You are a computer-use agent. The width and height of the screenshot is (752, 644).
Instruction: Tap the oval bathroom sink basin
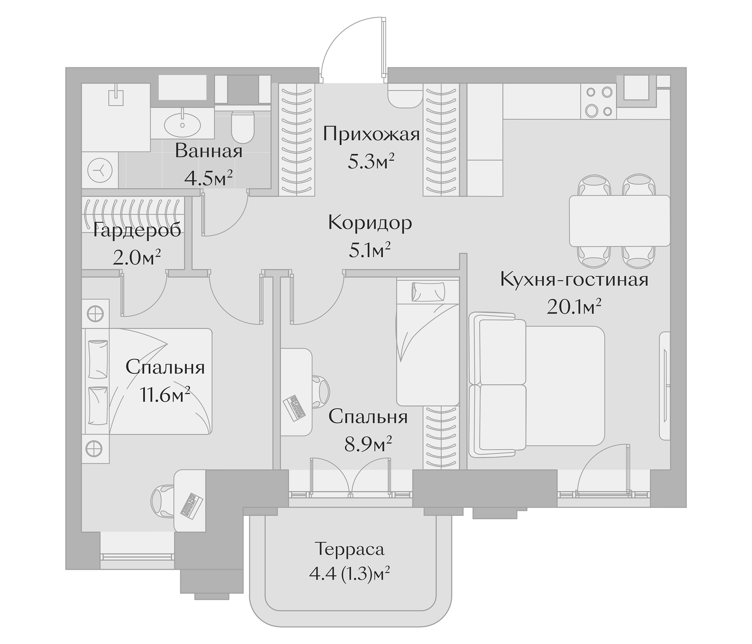(182, 125)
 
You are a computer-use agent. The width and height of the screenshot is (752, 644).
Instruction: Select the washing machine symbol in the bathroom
(100, 170)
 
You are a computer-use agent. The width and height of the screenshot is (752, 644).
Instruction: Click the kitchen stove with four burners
(598, 102)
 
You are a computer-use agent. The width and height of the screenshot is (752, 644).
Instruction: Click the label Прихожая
(371, 135)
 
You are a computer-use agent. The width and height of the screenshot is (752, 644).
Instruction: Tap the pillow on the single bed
(428, 292)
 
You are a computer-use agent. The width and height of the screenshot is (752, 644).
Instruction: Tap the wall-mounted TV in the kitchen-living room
(665, 386)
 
